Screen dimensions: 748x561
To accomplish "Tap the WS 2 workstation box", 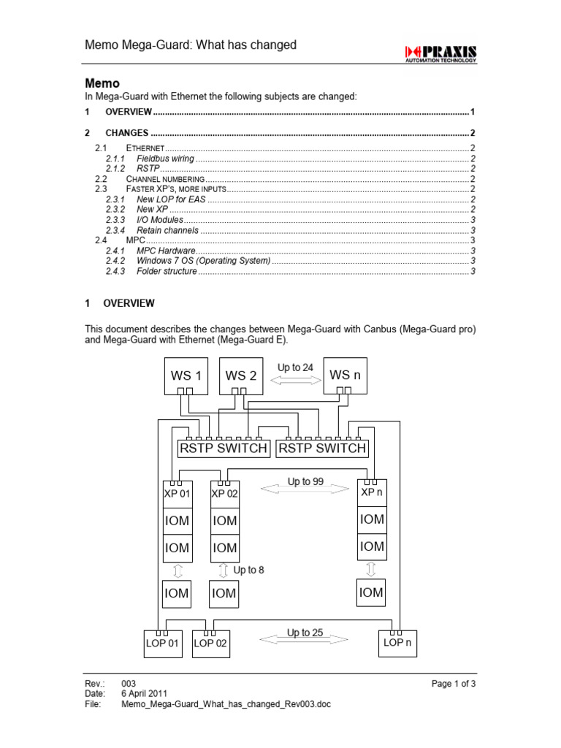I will (x=240, y=376).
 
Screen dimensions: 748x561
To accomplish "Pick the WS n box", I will (x=345, y=375).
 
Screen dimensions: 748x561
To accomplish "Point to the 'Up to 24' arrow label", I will (x=295, y=367).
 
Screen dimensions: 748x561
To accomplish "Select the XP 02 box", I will (x=225, y=492).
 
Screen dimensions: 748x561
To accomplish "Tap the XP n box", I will (x=371, y=492).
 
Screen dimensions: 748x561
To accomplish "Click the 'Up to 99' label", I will (x=305, y=481).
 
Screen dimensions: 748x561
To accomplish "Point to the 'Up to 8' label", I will (x=248, y=570).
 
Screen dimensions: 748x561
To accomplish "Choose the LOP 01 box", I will (x=162, y=644).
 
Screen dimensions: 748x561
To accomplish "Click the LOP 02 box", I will (x=210, y=644).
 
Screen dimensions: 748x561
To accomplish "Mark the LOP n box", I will (x=397, y=643).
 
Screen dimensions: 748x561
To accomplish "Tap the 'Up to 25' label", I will (x=305, y=633).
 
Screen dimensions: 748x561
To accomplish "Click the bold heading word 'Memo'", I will (x=102, y=83).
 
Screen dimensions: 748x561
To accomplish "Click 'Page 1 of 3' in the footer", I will (x=454, y=683).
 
